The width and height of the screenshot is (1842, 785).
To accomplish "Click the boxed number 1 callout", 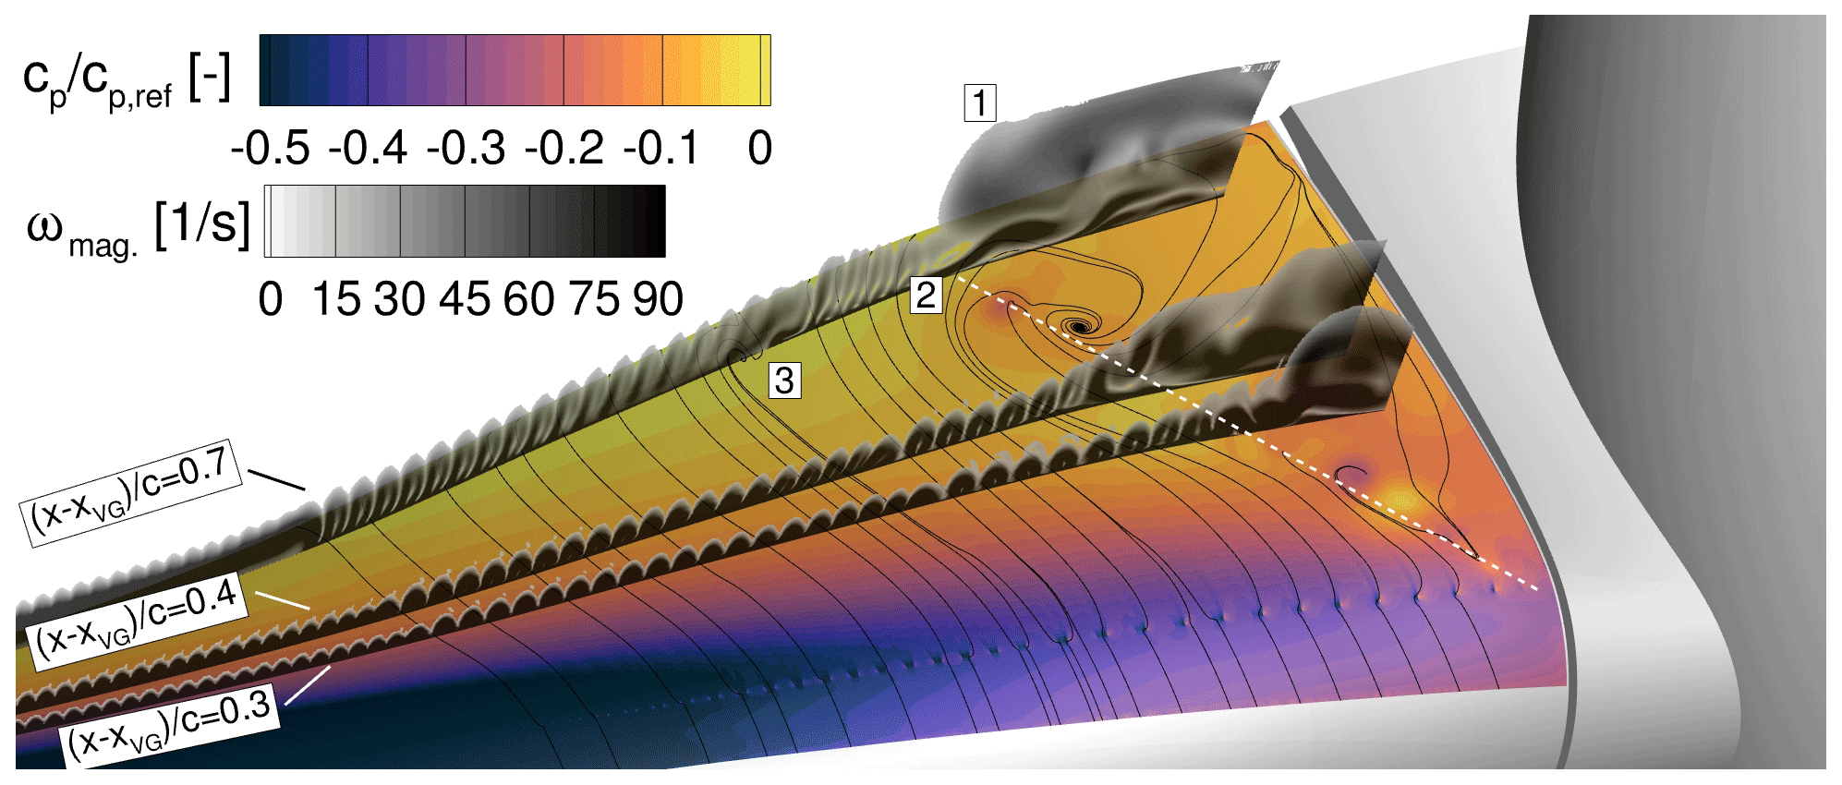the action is pyautogui.click(x=980, y=103).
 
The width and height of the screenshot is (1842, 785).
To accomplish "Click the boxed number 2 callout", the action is pyautogui.click(x=926, y=296).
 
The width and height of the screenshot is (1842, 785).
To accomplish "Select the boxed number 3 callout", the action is pyautogui.click(x=784, y=380).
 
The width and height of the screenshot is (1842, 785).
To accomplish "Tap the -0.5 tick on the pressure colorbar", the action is pyautogui.click(x=271, y=148).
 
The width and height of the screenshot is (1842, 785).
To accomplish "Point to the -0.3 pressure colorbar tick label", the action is pyautogui.click(x=467, y=148).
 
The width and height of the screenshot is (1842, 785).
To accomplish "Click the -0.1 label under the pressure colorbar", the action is pyautogui.click(x=661, y=148).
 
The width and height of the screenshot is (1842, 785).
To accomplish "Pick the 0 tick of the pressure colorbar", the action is pyautogui.click(x=760, y=148).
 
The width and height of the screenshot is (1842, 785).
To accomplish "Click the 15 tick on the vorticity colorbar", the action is pyautogui.click(x=335, y=299).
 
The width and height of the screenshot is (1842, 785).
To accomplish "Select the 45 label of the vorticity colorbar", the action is pyautogui.click(x=465, y=299).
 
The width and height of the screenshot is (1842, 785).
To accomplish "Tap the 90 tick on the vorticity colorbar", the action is pyautogui.click(x=658, y=299).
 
